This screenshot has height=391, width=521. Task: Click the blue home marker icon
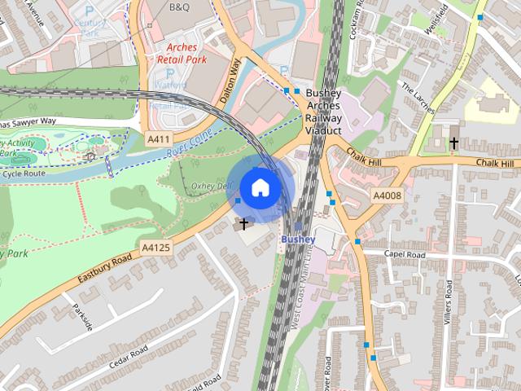[x=260, y=187]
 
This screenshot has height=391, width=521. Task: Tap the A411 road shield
[x=158, y=139]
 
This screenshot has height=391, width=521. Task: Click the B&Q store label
[x=179, y=7]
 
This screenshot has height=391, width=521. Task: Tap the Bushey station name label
[x=298, y=239]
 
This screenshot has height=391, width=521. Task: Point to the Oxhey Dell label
[x=210, y=186]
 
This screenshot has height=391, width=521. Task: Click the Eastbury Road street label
[x=105, y=270]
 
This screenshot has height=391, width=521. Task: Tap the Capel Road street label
[x=405, y=255]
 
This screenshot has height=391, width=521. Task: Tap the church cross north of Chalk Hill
[x=453, y=143]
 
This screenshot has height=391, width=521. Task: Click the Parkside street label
[x=82, y=317]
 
